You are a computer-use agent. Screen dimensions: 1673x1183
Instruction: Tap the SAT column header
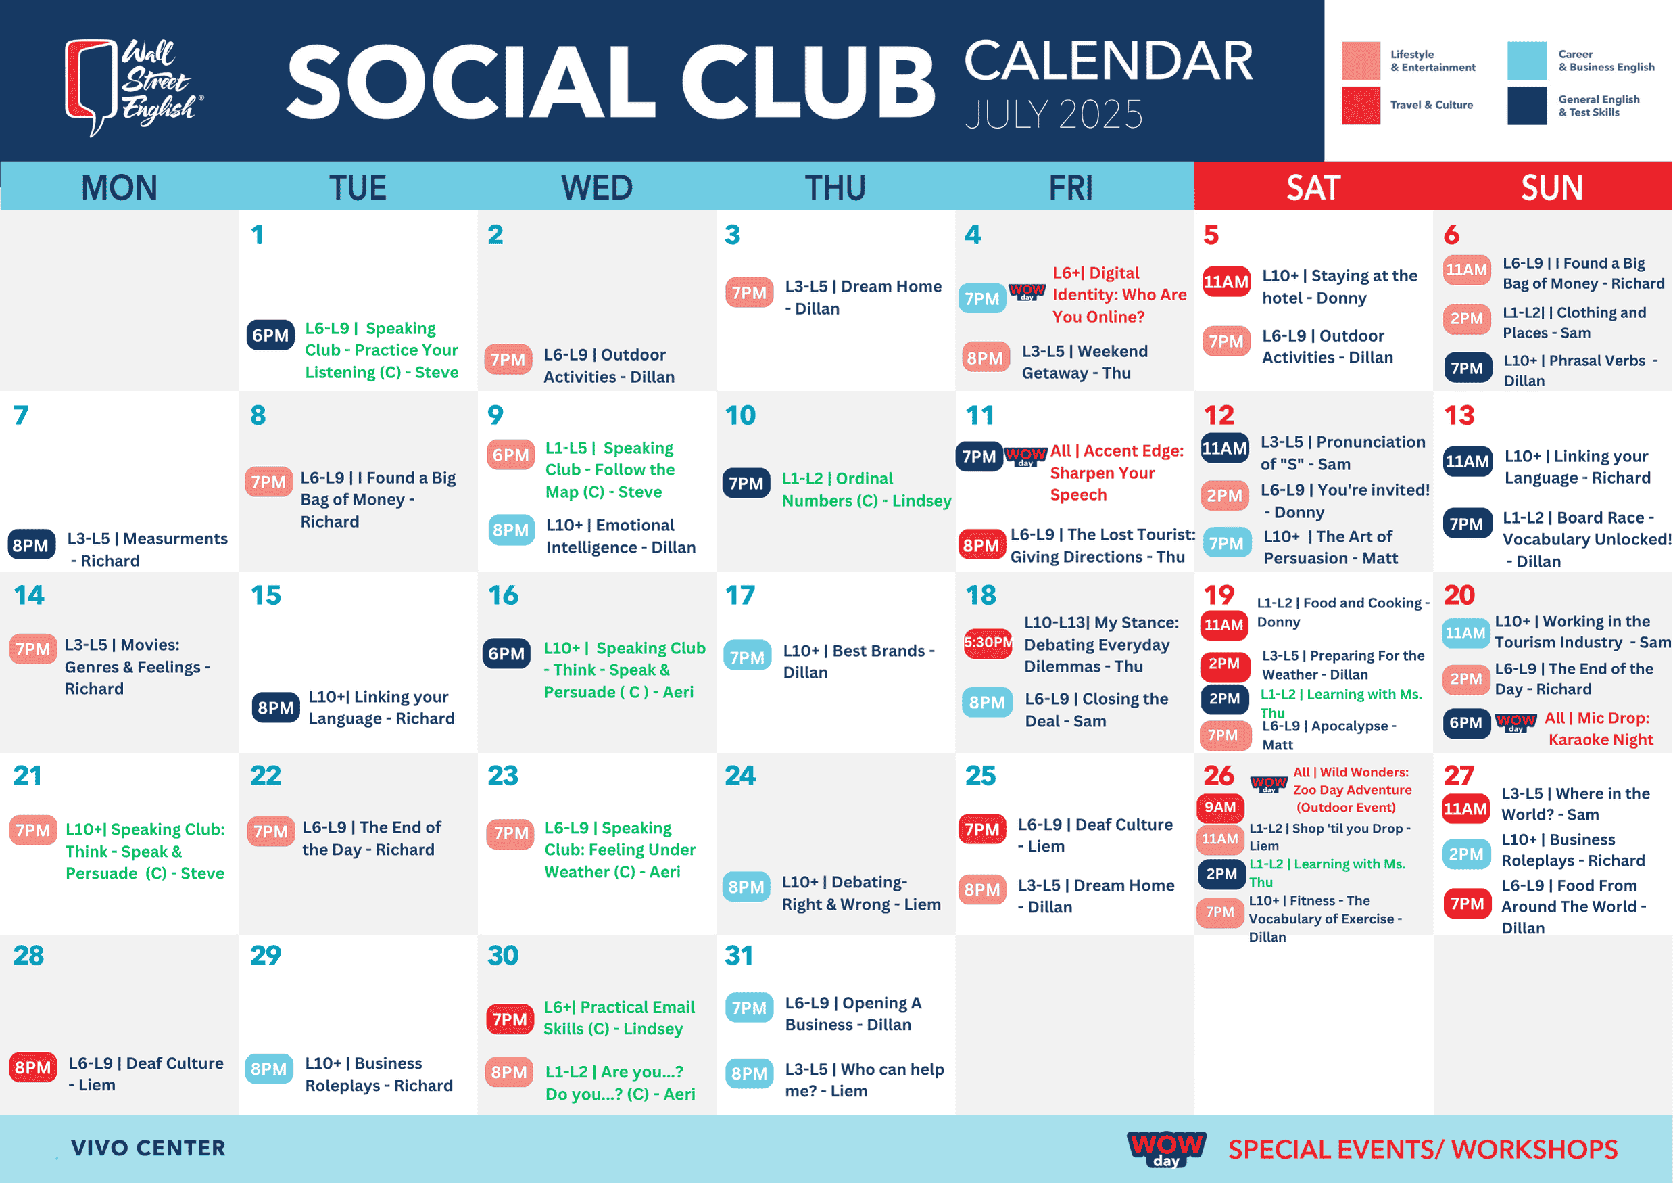coord(1313,187)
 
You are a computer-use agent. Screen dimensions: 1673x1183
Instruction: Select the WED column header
coord(597,187)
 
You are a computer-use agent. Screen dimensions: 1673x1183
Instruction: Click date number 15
coord(266,595)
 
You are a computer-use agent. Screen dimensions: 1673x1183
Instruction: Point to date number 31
coord(739,956)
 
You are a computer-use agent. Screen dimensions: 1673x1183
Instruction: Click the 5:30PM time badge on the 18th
coord(988,642)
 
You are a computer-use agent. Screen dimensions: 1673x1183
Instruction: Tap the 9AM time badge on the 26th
coord(1220,807)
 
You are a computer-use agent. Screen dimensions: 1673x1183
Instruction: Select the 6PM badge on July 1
coord(270,335)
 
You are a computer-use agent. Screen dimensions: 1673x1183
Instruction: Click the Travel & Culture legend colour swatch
coord(1361,106)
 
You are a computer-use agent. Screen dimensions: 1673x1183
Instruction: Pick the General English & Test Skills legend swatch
coord(1527,106)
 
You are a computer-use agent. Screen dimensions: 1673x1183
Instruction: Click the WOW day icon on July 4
coord(1027,292)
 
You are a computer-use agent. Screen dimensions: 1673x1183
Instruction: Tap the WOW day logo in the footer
coord(1167,1148)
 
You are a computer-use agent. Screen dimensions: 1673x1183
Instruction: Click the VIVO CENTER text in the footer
coord(149,1148)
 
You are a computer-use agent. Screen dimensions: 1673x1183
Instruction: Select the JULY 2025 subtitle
coord(1054,115)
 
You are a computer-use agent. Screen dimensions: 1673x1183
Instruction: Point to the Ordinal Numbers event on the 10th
coord(867,490)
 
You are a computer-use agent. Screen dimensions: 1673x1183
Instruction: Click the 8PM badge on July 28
coord(33,1068)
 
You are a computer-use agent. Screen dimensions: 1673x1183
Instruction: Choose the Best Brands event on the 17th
coord(858,661)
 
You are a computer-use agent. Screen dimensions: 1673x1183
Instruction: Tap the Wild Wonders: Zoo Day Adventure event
coord(1352,790)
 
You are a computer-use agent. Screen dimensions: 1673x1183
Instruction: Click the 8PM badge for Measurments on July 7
coord(31,545)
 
